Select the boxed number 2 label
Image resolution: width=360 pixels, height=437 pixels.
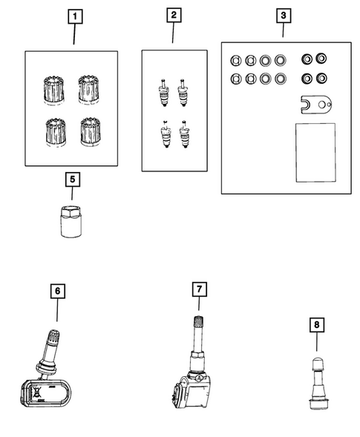tap(173, 15)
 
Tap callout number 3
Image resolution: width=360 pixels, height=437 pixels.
tap(283, 15)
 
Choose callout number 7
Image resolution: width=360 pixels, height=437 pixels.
tap(198, 287)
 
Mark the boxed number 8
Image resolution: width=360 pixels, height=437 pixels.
tap(316, 323)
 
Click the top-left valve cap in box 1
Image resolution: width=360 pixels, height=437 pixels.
tap(54, 89)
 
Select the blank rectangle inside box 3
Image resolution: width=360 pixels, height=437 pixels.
tap(315, 150)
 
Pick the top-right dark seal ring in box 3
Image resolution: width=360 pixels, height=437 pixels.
tap(322, 59)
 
